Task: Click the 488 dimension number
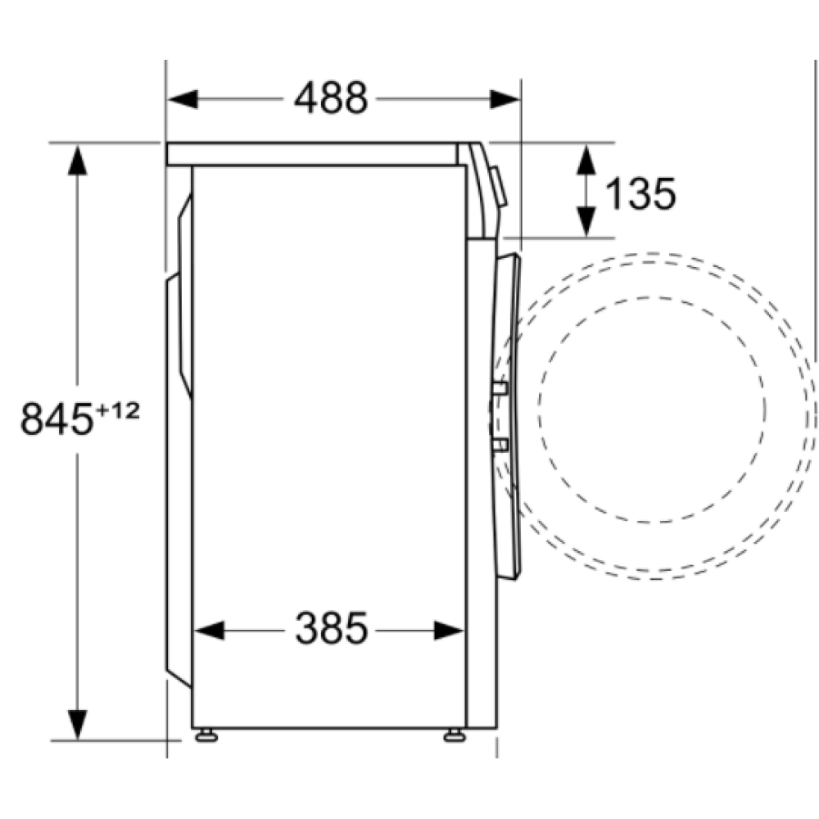pyautogui.click(x=332, y=99)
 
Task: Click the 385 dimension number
pyautogui.click(x=332, y=630)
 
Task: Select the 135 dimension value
pyautogui.click(x=640, y=194)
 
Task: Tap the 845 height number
pyautogui.click(x=56, y=419)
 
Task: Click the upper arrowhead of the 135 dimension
pyautogui.click(x=586, y=157)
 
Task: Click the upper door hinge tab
pyautogui.click(x=500, y=389)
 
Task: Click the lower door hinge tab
pyautogui.click(x=500, y=445)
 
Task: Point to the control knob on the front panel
pyautogui.click(x=499, y=186)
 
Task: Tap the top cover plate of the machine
pyautogui.click(x=311, y=154)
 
